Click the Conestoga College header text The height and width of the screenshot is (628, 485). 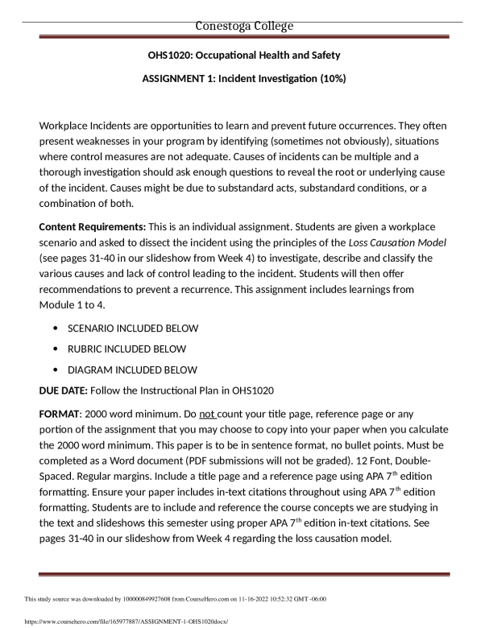point(244,27)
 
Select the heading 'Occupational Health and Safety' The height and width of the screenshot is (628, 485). point(272,55)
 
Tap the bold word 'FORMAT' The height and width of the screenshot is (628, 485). point(60,416)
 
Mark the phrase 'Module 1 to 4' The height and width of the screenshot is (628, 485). point(73,305)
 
